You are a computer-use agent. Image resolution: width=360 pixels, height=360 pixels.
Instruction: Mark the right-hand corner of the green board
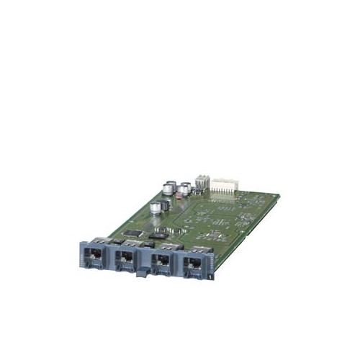[279, 194]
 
